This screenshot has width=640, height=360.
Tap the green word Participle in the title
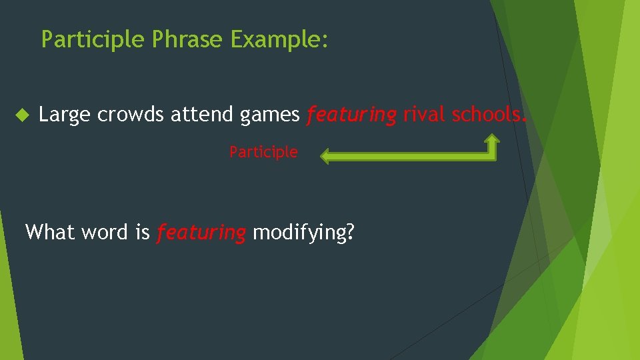click(x=93, y=40)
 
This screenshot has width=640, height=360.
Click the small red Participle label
click(x=263, y=152)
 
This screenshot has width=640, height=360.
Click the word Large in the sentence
click(x=65, y=115)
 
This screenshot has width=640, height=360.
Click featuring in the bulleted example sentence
click(x=351, y=115)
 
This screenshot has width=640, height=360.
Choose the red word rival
click(x=424, y=115)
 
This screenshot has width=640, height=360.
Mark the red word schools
click(x=490, y=115)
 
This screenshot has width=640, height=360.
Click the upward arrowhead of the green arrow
click(x=491, y=140)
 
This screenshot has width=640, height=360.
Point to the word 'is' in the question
click(x=142, y=232)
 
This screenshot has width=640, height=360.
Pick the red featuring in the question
click(x=201, y=233)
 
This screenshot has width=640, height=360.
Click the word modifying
click(x=299, y=233)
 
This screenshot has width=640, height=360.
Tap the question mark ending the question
click(x=350, y=232)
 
